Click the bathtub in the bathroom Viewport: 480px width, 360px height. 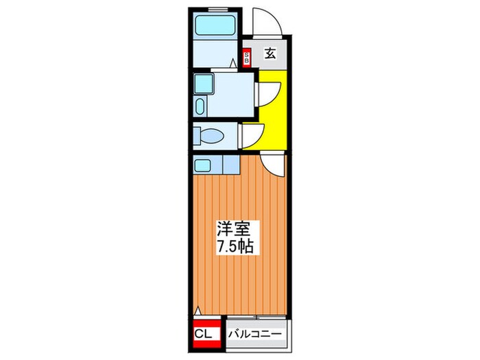(215, 25)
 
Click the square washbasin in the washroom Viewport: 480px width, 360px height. (203, 84)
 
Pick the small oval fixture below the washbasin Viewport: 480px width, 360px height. (200, 106)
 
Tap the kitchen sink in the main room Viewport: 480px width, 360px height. (202, 165)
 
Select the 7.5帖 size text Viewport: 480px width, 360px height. (235, 245)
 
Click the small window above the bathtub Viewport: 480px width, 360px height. (218, 8)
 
